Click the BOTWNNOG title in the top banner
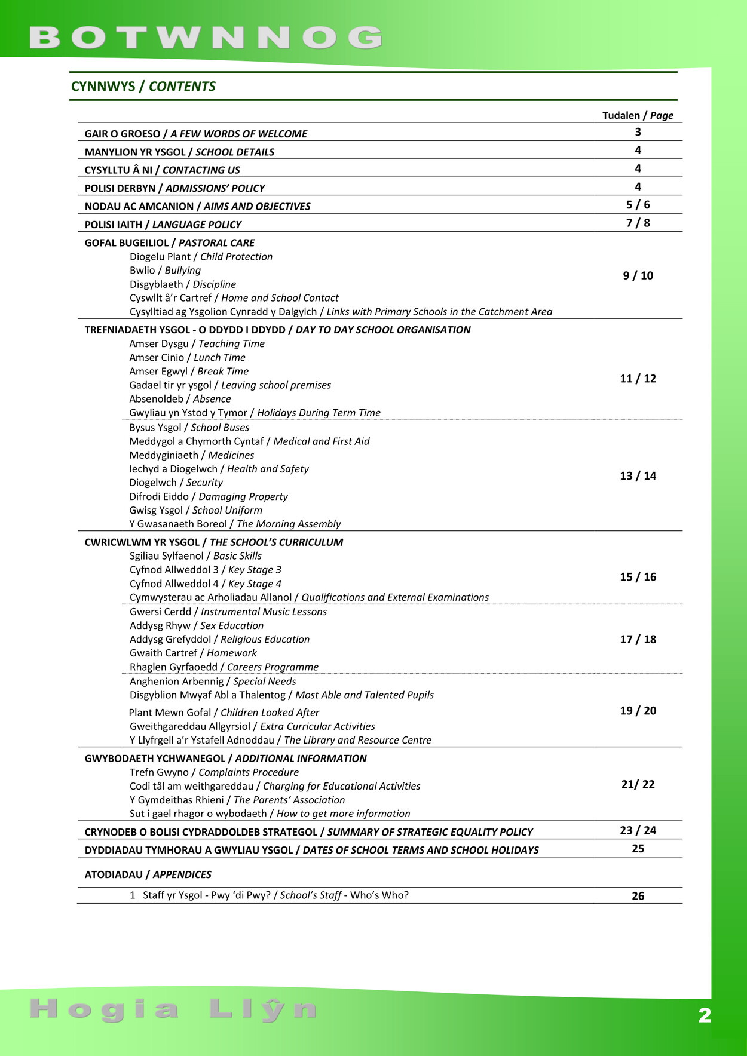(x=206, y=38)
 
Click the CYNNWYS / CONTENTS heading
(x=143, y=86)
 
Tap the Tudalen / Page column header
(x=638, y=115)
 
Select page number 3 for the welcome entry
(x=638, y=132)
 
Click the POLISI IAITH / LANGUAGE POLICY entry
(x=163, y=225)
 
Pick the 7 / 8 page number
(x=638, y=223)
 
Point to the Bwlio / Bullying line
(x=165, y=271)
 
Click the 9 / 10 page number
(x=638, y=275)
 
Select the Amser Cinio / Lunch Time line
(x=187, y=357)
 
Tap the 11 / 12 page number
(x=638, y=379)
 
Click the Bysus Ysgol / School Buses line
(x=189, y=428)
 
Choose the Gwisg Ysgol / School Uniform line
(x=195, y=510)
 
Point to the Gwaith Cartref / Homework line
(x=193, y=653)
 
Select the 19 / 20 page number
(x=638, y=711)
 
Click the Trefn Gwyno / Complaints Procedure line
(x=214, y=772)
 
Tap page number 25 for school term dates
(x=638, y=849)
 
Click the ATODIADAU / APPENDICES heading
(x=148, y=874)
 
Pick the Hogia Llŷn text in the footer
(x=173, y=1009)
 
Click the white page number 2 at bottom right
(x=705, y=1015)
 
